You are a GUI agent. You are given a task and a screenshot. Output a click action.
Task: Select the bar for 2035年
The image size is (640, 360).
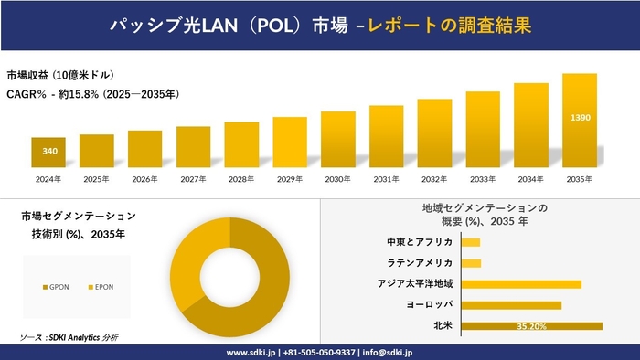coord(580,120)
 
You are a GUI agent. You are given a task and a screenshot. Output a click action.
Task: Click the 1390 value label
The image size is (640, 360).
coord(580,119)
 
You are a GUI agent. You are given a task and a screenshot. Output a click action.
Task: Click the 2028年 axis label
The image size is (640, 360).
coord(241,179)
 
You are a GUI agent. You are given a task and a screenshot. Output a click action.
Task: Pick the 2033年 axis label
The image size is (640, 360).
coord(483,179)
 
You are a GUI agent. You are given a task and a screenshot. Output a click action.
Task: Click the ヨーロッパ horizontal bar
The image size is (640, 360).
coord(511,304)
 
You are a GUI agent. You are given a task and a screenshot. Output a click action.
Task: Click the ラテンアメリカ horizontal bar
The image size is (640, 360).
coord(471,263)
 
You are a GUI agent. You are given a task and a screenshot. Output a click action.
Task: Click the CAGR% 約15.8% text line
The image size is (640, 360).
coord(92,93)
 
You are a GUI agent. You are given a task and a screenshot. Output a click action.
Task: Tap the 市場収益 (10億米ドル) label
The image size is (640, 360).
coord(60,75)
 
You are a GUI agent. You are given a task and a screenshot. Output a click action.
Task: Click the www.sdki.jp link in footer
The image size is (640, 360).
coord(252,352)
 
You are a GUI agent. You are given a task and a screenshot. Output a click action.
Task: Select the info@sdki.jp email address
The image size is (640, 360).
coord(388,352)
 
